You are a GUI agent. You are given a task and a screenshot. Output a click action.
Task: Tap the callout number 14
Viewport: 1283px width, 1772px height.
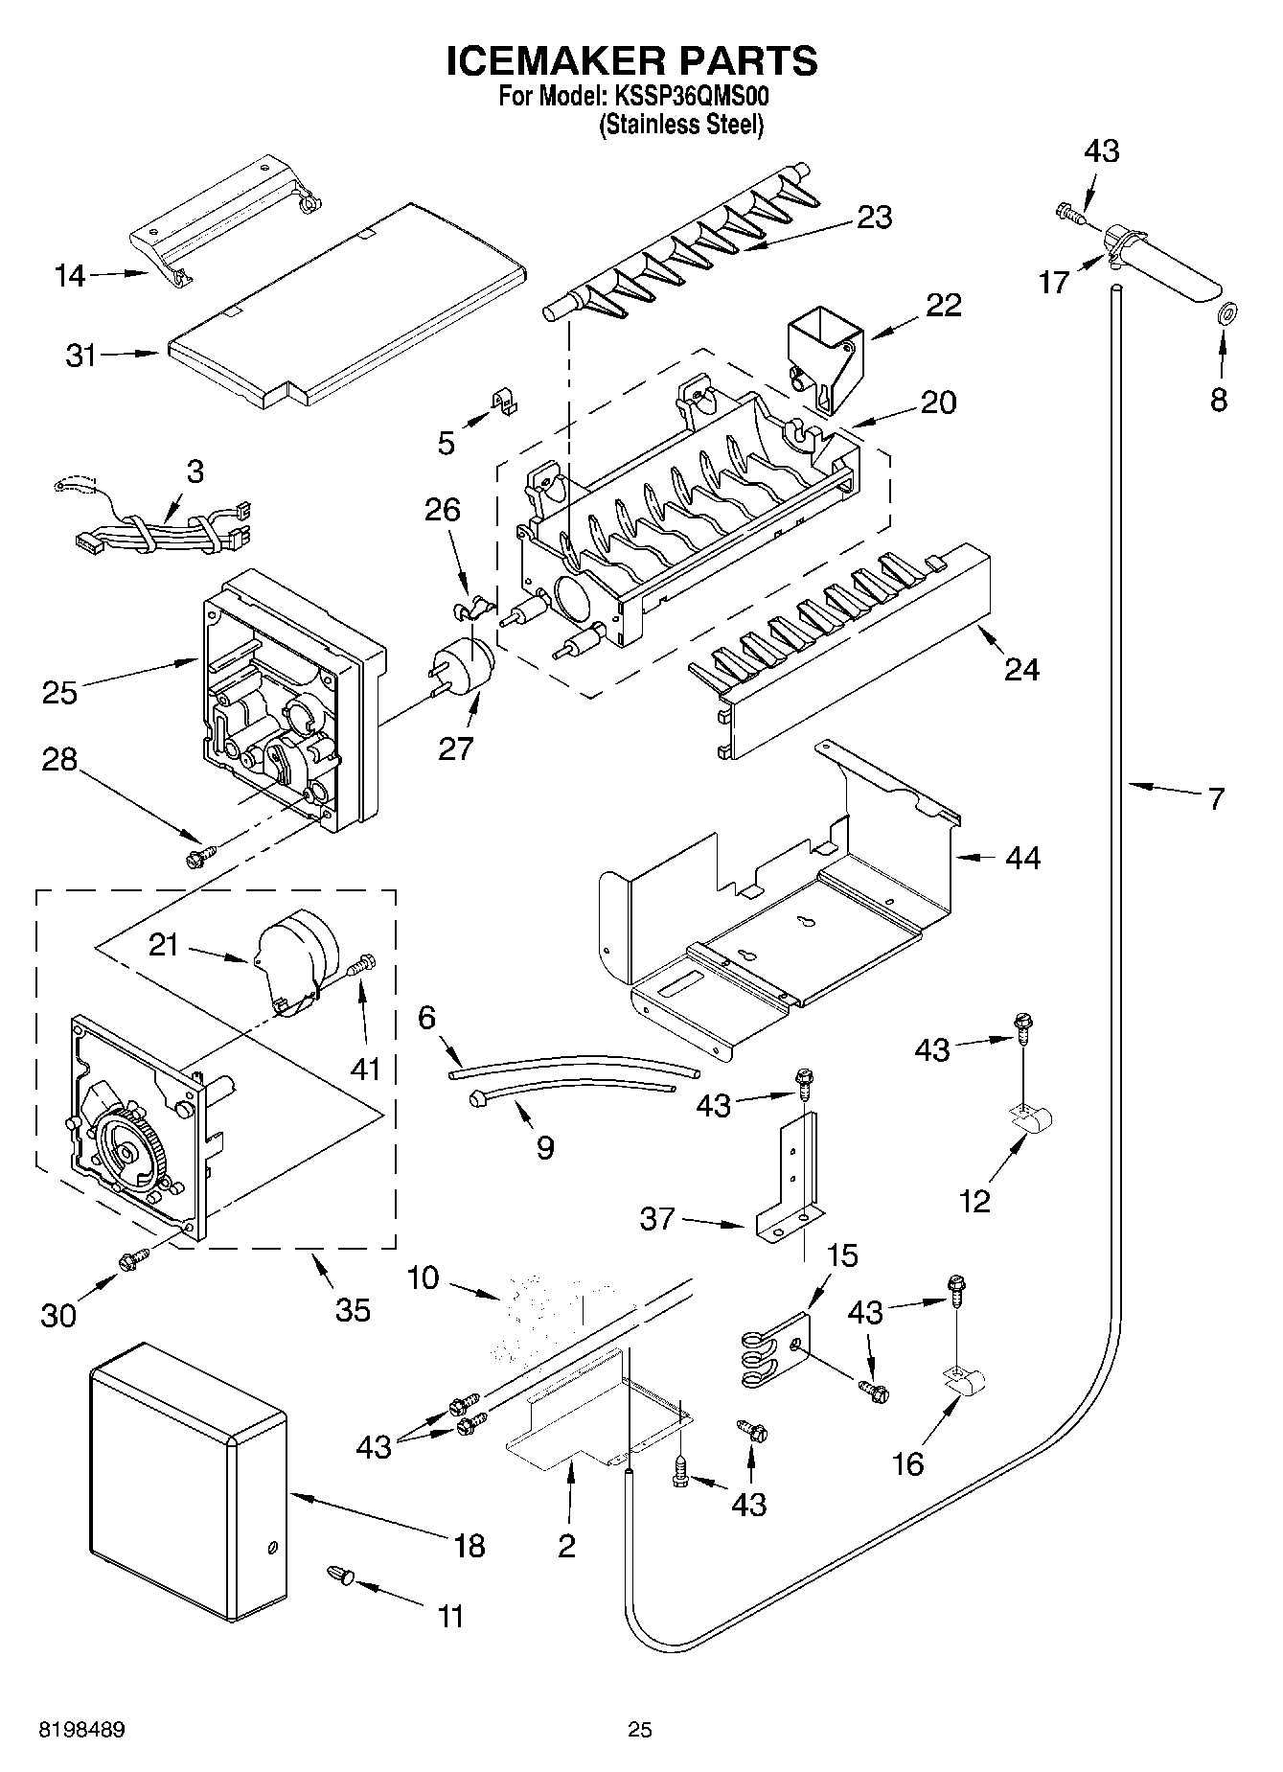(70, 276)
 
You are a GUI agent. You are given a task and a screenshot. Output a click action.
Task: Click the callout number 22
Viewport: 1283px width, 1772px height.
(943, 306)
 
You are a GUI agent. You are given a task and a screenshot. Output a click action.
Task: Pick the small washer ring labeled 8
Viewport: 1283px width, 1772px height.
(1226, 311)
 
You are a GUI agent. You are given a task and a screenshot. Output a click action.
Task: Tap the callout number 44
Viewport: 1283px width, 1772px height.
(1022, 858)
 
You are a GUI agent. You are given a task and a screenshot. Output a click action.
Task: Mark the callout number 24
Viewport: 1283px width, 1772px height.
(1021, 669)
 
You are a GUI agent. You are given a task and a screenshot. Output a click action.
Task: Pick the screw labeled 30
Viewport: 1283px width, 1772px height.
(132, 1260)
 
